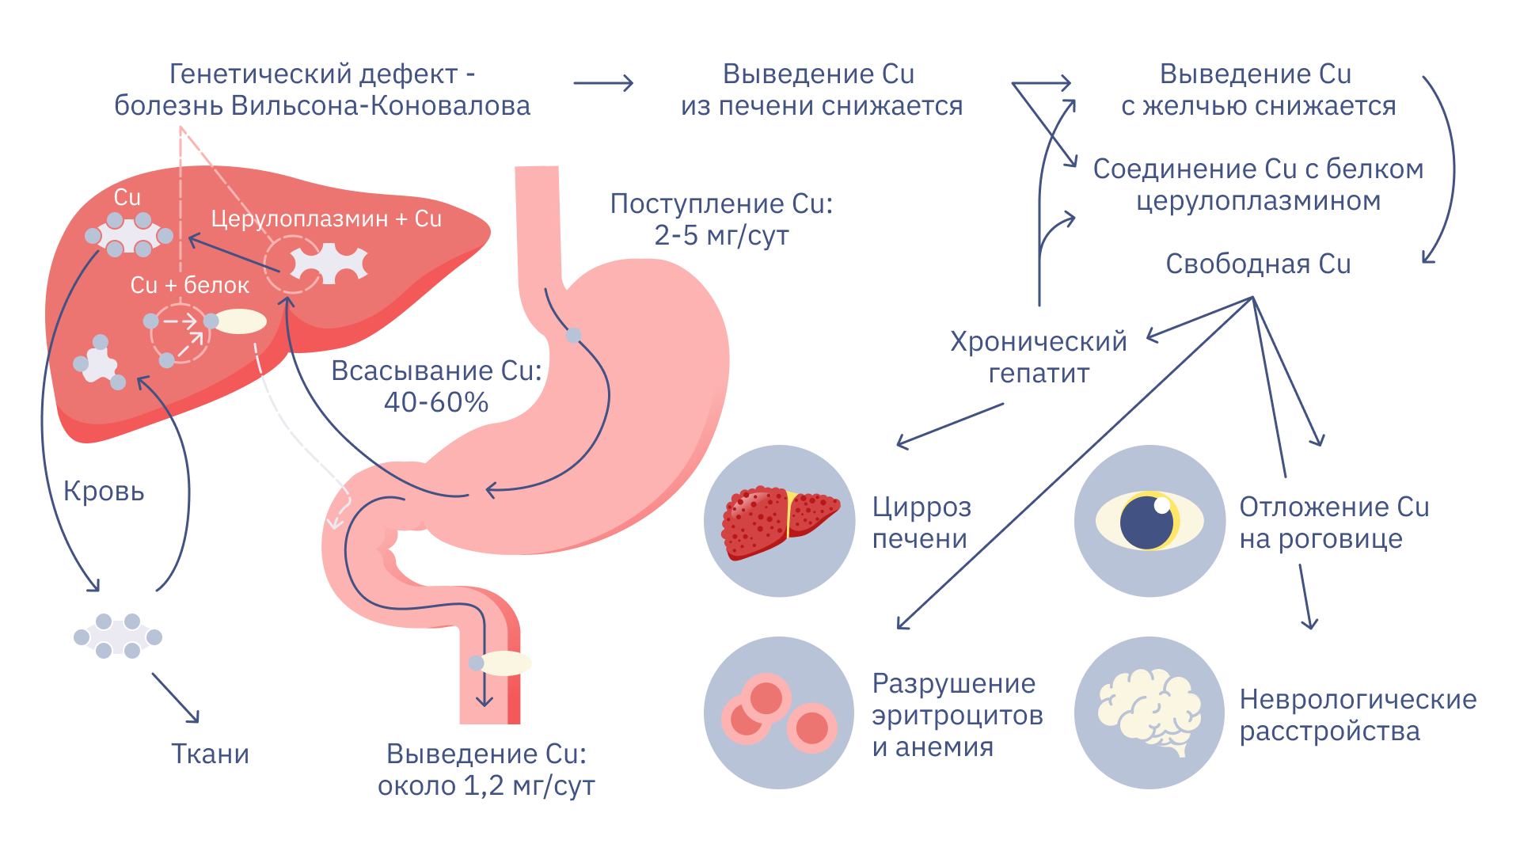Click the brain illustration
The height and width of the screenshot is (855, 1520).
[x=1149, y=711]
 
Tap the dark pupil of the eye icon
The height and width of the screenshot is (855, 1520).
[x=1146, y=522]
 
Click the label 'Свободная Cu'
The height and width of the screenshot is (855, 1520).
[x=1258, y=264]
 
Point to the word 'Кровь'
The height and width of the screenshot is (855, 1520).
[x=104, y=492]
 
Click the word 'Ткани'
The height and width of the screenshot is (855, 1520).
[x=211, y=754]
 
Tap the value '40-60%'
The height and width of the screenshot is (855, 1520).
[x=436, y=403]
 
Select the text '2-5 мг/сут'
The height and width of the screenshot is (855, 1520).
[x=721, y=236]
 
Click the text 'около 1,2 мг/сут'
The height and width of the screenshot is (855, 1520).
[x=486, y=786]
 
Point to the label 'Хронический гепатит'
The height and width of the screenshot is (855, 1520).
[x=1039, y=357]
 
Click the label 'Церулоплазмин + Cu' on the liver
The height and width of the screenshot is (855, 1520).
[x=326, y=218]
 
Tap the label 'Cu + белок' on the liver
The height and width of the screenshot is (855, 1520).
[x=190, y=285]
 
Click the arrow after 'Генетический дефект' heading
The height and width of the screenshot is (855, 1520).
[x=603, y=83]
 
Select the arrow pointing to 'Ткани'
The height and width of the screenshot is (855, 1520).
[x=176, y=698]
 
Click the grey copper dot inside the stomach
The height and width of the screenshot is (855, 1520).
[x=574, y=336]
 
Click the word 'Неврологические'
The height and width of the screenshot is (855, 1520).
[x=1358, y=700]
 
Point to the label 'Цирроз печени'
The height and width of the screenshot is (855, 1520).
[x=921, y=522]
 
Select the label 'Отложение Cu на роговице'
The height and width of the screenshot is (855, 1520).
[x=1334, y=522]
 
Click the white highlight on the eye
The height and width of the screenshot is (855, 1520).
[x=1162, y=505]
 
